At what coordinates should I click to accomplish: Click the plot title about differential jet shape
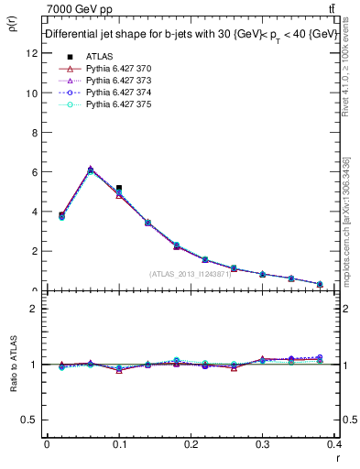[x=190, y=34]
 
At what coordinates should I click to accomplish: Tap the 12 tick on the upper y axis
[x=32, y=53]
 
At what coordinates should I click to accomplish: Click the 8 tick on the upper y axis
[x=34, y=132]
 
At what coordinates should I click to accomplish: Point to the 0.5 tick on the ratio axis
[x=30, y=420]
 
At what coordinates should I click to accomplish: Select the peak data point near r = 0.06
[x=90, y=169]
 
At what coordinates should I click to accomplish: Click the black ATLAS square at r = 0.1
[x=119, y=188]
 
